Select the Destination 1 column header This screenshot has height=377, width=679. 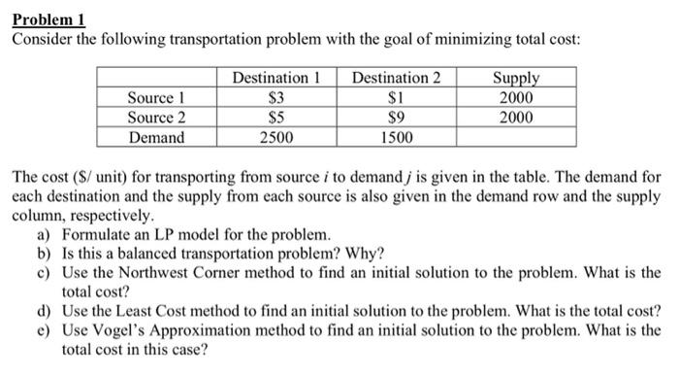[x=276, y=78]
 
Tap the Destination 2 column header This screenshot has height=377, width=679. [x=395, y=78]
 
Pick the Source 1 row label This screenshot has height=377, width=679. [x=157, y=98]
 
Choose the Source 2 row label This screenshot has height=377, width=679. [x=157, y=118]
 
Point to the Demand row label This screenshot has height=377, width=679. [x=157, y=137]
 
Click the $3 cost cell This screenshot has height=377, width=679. [x=276, y=98]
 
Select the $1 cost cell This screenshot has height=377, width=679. [x=395, y=98]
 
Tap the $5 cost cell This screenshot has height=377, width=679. [x=276, y=118]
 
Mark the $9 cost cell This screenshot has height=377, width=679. [x=395, y=118]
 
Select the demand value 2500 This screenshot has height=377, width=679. [x=276, y=137]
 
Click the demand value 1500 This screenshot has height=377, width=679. [x=395, y=137]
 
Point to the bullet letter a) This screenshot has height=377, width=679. [x=44, y=235]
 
